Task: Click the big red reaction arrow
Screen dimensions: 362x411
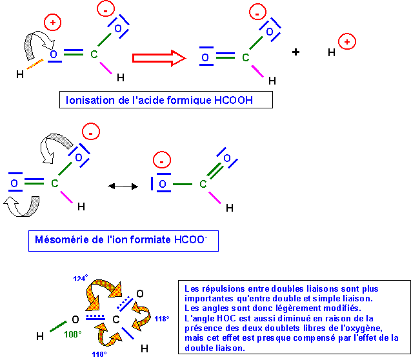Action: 159,58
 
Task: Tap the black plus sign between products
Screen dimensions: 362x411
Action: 296,52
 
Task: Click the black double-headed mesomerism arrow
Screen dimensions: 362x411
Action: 123,186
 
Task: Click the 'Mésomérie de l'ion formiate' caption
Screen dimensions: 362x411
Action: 123,241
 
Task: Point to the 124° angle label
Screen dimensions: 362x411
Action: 80,278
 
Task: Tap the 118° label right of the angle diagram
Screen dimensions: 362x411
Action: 161,319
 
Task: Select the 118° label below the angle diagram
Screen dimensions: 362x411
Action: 99,354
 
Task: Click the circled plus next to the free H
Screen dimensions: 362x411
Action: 347,42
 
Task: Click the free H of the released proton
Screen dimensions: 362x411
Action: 332,53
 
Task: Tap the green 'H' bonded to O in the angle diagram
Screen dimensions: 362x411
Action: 40,336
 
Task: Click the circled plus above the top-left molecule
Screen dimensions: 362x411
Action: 53,23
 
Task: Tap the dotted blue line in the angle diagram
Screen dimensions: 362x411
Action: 94,316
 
